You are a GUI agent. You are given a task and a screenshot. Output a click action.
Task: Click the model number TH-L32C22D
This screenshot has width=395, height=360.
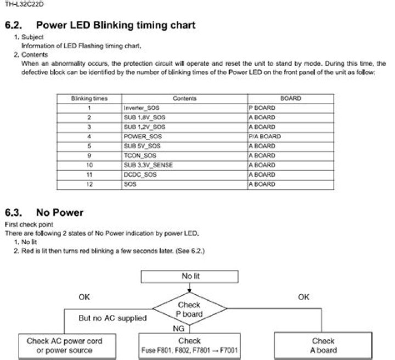coord(24,4)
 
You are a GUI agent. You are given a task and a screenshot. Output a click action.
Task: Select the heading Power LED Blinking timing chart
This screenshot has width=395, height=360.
coord(116,25)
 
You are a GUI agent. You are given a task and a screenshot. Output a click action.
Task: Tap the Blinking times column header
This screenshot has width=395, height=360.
coord(89,98)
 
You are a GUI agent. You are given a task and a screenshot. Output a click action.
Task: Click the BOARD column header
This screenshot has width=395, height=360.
coord(290,98)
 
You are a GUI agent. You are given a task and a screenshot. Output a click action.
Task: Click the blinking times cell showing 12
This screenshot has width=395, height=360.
coord(89,184)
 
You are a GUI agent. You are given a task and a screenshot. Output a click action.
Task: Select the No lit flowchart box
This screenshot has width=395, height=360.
coord(189,277)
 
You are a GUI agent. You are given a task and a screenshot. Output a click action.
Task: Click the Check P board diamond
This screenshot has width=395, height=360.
coord(189,309)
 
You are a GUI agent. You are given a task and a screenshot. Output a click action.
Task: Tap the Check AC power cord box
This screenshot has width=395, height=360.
coord(67,346)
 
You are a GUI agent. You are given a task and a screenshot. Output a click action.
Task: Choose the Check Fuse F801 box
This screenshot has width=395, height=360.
coord(189,346)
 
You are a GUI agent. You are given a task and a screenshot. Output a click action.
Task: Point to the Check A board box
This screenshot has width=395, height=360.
coord(323,345)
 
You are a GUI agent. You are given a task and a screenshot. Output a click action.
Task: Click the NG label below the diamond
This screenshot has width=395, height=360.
coord(179,329)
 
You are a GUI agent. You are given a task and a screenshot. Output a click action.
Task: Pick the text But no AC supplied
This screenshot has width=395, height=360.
coord(112,318)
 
